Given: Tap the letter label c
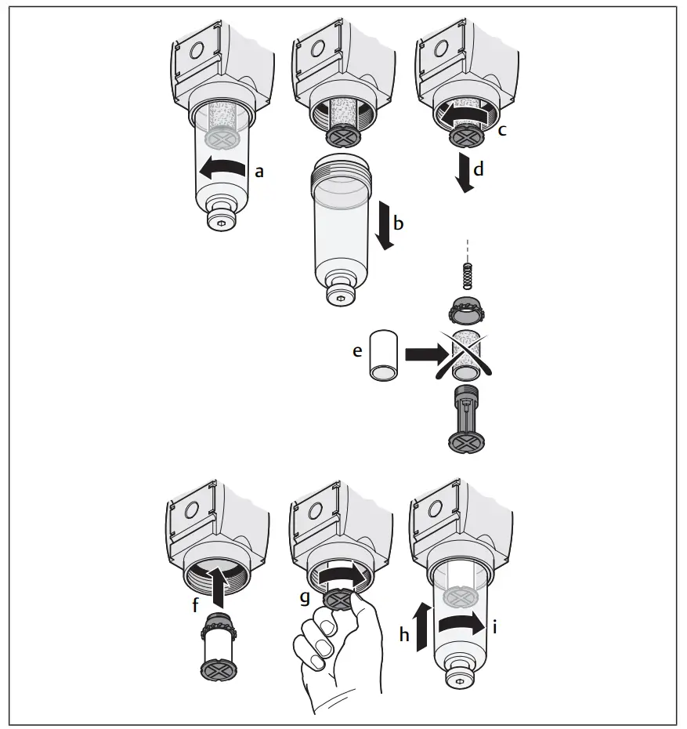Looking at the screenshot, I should (502, 130).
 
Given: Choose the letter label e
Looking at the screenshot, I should (357, 353).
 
